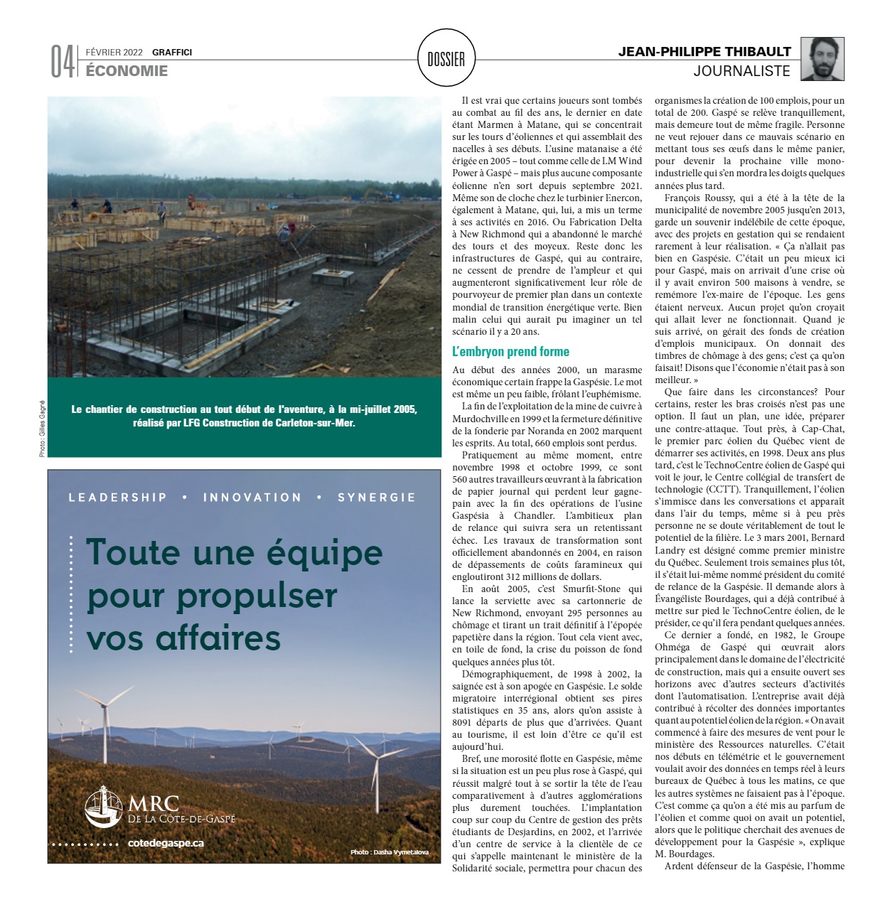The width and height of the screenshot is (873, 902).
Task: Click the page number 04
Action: [62, 63]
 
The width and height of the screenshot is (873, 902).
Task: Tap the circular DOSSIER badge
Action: [446, 59]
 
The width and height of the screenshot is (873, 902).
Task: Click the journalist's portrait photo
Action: [823, 59]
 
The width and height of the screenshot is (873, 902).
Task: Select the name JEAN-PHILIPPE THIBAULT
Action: [704, 52]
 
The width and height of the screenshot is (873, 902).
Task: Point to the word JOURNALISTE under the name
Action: [741, 71]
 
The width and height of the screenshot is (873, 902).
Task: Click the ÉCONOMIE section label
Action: [127, 70]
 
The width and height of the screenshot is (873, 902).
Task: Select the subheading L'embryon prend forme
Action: [510, 352]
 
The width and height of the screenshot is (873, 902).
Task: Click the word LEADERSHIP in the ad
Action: [117, 498]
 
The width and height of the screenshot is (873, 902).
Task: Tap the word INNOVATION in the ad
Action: [252, 498]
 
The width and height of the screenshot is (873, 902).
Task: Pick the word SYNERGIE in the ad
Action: [376, 498]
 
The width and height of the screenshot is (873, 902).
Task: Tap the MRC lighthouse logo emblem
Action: [104, 807]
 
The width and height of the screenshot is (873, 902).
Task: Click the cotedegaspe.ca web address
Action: [166, 843]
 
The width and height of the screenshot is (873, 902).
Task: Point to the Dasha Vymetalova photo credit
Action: [389, 852]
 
